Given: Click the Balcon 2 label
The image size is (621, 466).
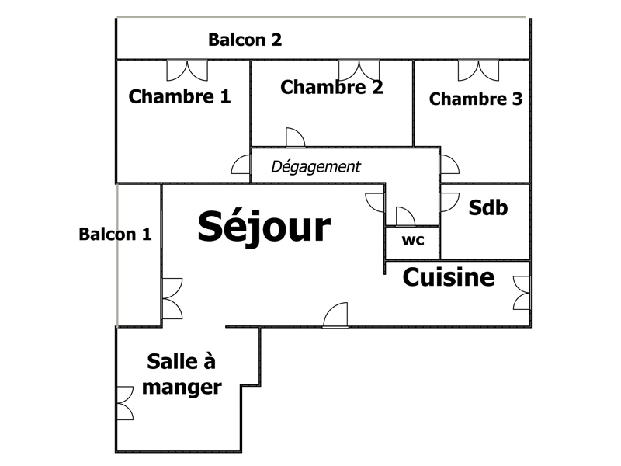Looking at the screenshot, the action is coord(245,40).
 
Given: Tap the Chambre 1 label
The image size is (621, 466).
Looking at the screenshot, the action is coord(179,96).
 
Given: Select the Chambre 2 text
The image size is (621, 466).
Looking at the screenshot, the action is coord(332,87).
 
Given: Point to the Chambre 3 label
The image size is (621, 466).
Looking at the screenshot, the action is coord(476,99).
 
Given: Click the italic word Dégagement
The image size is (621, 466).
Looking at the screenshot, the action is coord(316,167).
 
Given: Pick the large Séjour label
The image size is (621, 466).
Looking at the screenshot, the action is coord(264,227).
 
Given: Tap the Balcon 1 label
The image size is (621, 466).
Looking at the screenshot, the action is coord(115,235).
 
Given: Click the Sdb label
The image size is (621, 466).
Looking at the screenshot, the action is coord(488,207).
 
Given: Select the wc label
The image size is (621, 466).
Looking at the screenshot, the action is coord(413,240).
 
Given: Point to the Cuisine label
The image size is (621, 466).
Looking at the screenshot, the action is coord(449,277).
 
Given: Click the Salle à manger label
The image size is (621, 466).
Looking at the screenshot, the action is coord(182,374).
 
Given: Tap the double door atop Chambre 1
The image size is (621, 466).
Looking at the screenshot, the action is coord(187,71).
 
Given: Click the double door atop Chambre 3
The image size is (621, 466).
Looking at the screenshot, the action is coord(478,71).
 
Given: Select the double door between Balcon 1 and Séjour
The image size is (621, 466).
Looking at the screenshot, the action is coord(172,298).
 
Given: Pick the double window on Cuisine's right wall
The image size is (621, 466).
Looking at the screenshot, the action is coord(522,293).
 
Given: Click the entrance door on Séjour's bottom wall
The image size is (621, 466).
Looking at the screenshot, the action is coord(335,315).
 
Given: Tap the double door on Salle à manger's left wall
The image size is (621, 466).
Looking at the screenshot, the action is coord(124,403).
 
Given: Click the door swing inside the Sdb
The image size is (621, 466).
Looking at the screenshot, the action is coord(449,202).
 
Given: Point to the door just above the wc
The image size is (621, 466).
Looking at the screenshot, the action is coord(405,217).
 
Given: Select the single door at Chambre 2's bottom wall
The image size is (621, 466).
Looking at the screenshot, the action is coord(296,137).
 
